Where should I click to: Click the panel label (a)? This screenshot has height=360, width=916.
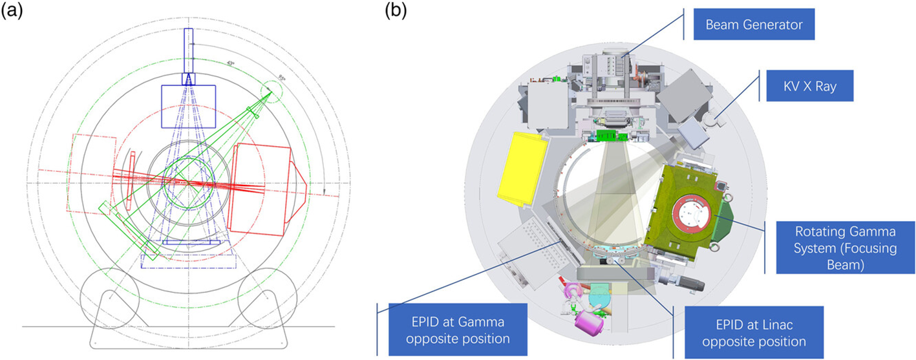pos(12,11)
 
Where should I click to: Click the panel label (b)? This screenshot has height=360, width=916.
pos(397,11)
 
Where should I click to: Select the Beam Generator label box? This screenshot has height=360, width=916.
pos(754,25)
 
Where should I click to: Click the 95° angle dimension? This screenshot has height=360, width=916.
pos(263,76)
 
